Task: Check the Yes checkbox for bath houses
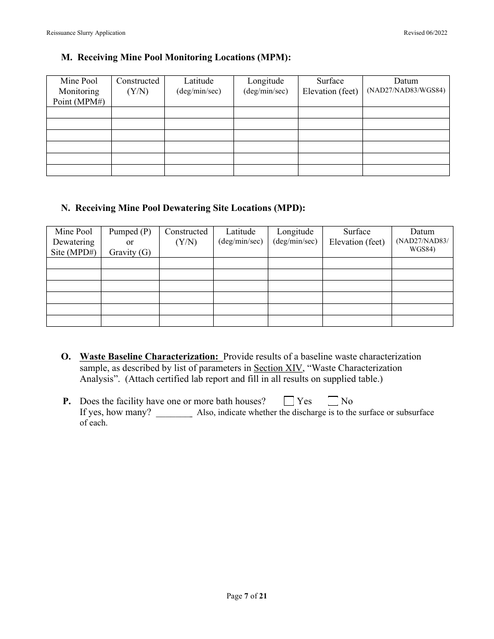pos(289,401)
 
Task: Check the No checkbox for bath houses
pos(333,401)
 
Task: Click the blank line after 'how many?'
pos(174,413)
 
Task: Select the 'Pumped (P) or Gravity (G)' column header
pos(129,242)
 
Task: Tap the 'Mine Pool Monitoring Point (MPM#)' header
pos(79,91)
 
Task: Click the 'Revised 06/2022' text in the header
pos(425,33)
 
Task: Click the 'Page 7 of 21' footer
pos(246,596)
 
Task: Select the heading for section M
pos(176,57)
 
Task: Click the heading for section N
pos(183,208)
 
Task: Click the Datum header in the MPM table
pos(406,85)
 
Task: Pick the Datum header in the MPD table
pos(422,240)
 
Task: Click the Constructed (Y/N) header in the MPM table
pos(138,86)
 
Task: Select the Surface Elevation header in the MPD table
pos(357,236)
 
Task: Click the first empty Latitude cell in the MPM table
pos(199,112)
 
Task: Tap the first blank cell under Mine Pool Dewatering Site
pos(73,263)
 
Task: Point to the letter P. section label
pos(67,401)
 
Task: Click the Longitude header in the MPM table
pos(265,86)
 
